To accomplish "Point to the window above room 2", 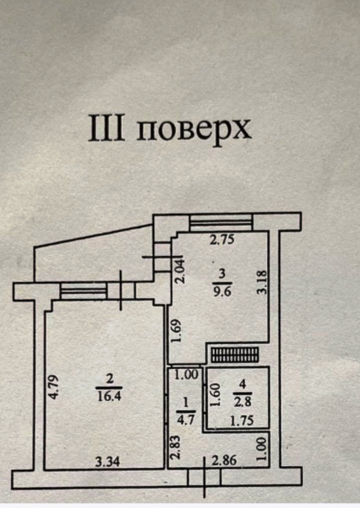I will coord(83,290).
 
